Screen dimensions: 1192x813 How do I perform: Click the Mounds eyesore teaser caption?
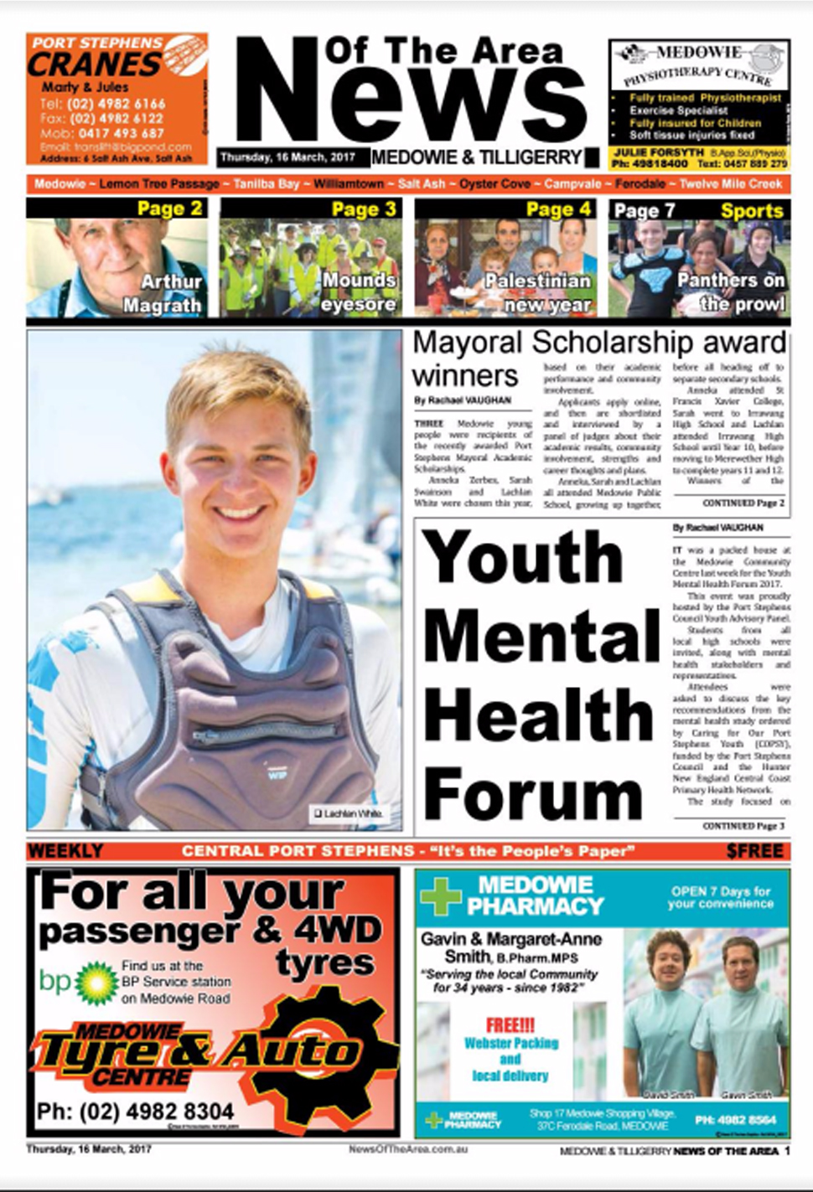click(358, 292)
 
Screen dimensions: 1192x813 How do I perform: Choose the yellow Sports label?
click(752, 210)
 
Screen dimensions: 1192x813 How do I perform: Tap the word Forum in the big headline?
click(533, 792)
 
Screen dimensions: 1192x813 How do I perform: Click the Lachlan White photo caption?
click(349, 813)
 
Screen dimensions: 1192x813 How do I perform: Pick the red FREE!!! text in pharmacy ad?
click(510, 1025)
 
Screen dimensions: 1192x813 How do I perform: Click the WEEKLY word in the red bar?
click(65, 851)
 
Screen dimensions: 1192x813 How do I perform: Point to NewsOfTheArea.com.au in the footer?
click(407, 1149)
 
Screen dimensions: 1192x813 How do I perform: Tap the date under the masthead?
click(287, 157)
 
